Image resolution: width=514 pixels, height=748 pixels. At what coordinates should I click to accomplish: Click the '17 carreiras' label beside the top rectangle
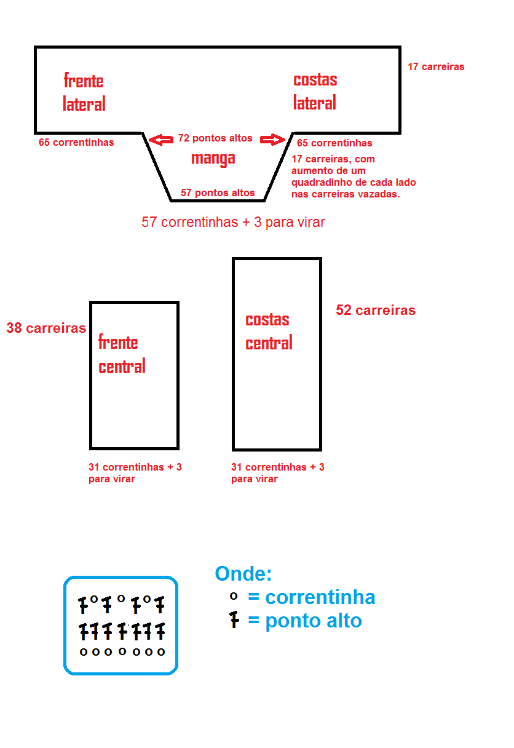click(436, 67)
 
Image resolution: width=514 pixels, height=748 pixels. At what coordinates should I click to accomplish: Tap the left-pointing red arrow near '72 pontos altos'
click(161, 140)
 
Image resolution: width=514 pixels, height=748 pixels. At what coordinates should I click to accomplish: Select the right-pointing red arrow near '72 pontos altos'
click(273, 139)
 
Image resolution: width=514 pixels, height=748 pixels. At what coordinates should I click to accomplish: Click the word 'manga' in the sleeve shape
click(213, 159)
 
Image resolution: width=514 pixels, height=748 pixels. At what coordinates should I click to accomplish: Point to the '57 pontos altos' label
click(218, 193)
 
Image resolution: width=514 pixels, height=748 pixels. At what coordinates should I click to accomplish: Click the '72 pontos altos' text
click(215, 138)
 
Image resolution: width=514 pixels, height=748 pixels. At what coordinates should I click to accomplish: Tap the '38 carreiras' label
click(46, 328)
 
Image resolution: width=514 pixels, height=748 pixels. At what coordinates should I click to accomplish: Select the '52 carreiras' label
click(376, 310)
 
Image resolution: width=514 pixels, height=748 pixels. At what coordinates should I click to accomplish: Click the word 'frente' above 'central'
click(118, 342)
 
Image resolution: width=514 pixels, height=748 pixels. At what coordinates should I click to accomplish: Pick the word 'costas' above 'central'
click(267, 320)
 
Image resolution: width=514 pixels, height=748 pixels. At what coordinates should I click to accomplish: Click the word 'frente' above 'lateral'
click(84, 81)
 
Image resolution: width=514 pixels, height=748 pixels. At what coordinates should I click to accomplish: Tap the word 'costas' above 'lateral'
click(315, 80)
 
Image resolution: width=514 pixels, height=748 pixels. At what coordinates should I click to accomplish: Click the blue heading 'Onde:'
click(243, 574)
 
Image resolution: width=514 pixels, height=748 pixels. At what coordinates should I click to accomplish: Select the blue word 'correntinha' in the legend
click(320, 597)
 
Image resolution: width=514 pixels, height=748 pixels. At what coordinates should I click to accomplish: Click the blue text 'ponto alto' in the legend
click(314, 621)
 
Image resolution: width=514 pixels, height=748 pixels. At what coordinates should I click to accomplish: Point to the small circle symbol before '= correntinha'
click(234, 596)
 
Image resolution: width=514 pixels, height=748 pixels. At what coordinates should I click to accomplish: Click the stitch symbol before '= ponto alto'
click(234, 620)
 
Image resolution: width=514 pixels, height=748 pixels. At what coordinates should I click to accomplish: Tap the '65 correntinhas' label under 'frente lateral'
click(76, 142)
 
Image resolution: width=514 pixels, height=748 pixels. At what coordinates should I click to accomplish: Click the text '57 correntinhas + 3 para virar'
click(233, 222)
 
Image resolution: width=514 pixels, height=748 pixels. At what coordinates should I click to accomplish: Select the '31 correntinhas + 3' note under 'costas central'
click(278, 467)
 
